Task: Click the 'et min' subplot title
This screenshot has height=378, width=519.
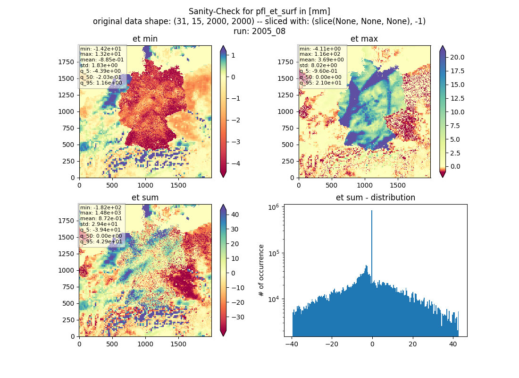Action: (x=145, y=39)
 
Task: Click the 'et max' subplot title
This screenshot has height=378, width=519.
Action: (x=364, y=39)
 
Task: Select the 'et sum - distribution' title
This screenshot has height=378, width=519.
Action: (x=376, y=198)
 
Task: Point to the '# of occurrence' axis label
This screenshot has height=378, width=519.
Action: (x=261, y=271)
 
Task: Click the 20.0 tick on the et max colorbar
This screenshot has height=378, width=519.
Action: (x=457, y=57)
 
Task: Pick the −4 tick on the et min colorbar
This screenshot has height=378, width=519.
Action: (x=235, y=163)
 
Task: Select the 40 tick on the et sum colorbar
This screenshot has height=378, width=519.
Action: (x=235, y=215)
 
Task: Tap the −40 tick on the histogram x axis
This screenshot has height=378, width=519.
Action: (x=291, y=344)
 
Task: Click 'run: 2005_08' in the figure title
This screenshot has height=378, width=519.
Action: (x=259, y=31)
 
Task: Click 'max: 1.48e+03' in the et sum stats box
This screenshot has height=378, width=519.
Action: (x=100, y=213)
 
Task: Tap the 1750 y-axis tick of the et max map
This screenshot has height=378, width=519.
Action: (x=285, y=62)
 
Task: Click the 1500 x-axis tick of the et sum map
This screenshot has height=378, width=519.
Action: (x=178, y=344)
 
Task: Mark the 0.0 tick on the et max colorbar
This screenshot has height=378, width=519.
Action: (x=455, y=166)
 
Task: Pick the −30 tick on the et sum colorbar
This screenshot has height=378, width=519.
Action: (x=237, y=317)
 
